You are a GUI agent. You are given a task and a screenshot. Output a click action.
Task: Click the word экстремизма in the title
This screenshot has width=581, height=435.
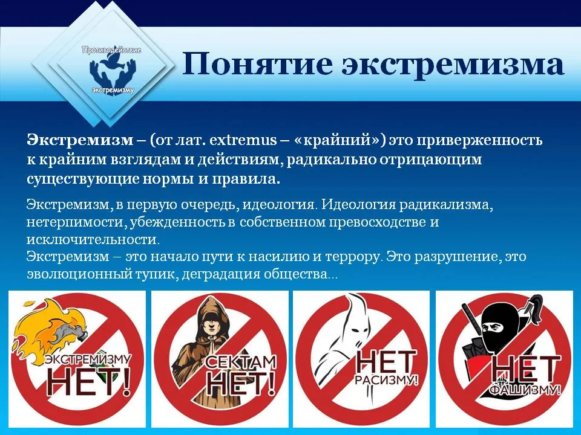[x=453, y=65]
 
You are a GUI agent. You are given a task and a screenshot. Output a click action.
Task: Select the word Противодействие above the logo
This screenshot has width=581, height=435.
[x=111, y=50]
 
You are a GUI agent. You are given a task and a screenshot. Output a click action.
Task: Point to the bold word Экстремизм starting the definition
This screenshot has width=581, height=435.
[x=80, y=140]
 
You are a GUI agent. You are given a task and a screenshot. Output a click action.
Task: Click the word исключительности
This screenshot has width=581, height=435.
[x=93, y=239]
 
